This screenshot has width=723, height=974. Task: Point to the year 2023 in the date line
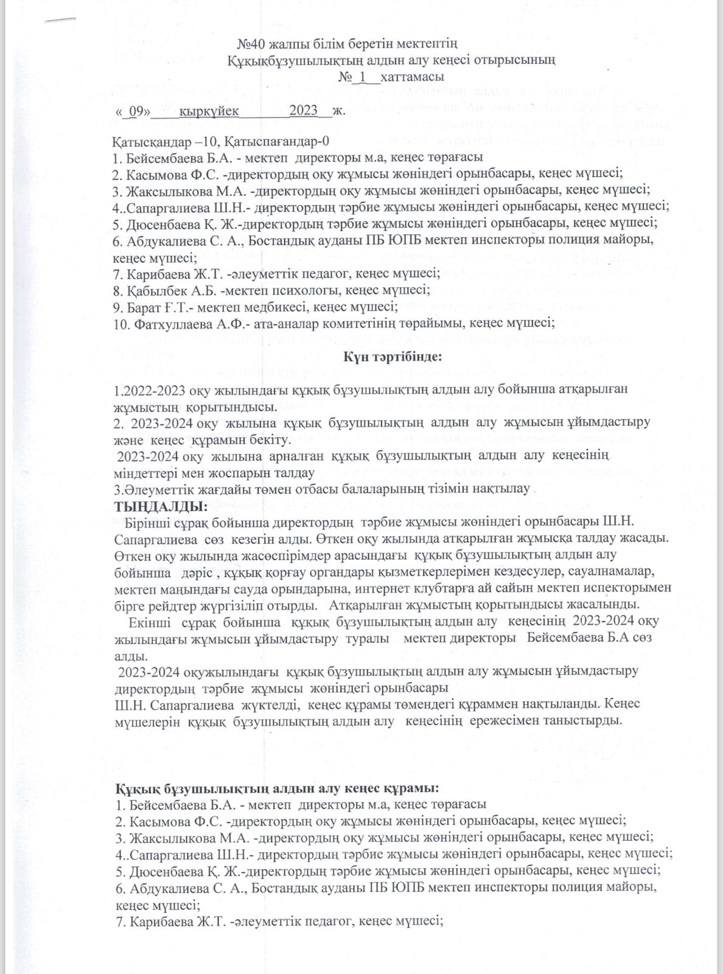[304, 111]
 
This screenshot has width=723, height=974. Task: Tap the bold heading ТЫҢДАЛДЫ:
[161, 506]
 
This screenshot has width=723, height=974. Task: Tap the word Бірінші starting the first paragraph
[144, 522]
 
